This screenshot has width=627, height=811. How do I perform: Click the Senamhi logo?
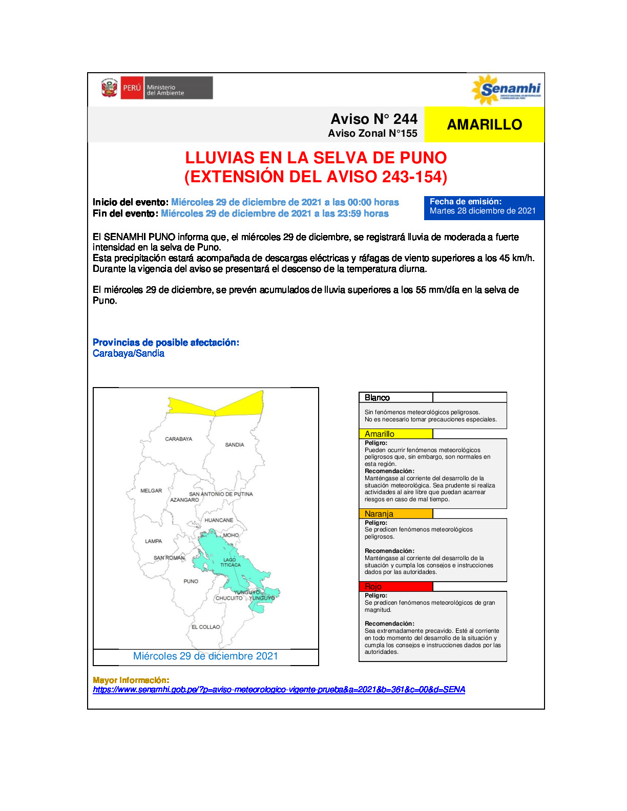[x=506, y=90]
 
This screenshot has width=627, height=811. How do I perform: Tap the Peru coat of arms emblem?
[x=109, y=88]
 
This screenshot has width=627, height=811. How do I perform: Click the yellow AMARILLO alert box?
[x=484, y=124]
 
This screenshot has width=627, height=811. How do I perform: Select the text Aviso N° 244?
[x=374, y=119]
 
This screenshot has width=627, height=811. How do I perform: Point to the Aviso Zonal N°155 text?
[x=372, y=134]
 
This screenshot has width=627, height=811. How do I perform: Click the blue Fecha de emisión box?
[x=484, y=207]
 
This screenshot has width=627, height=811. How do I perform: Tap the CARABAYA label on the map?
[x=178, y=439]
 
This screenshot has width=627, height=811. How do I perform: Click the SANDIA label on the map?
[x=235, y=445]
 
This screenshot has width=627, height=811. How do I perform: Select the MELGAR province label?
[x=151, y=491]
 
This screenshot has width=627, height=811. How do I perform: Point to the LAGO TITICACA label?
[x=231, y=563]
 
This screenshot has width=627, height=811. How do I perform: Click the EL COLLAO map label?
[x=205, y=627]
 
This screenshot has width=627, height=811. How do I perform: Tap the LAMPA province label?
[x=153, y=541]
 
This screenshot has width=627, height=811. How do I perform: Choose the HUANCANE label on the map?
[x=219, y=520]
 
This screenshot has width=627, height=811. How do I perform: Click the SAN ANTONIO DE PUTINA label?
[x=221, y=494]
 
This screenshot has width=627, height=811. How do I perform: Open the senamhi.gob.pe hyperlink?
[x=279, y=690]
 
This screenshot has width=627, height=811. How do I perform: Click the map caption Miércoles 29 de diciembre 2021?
[x=205, y=656]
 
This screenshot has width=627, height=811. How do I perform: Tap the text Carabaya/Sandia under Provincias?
[x=129, y=353]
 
